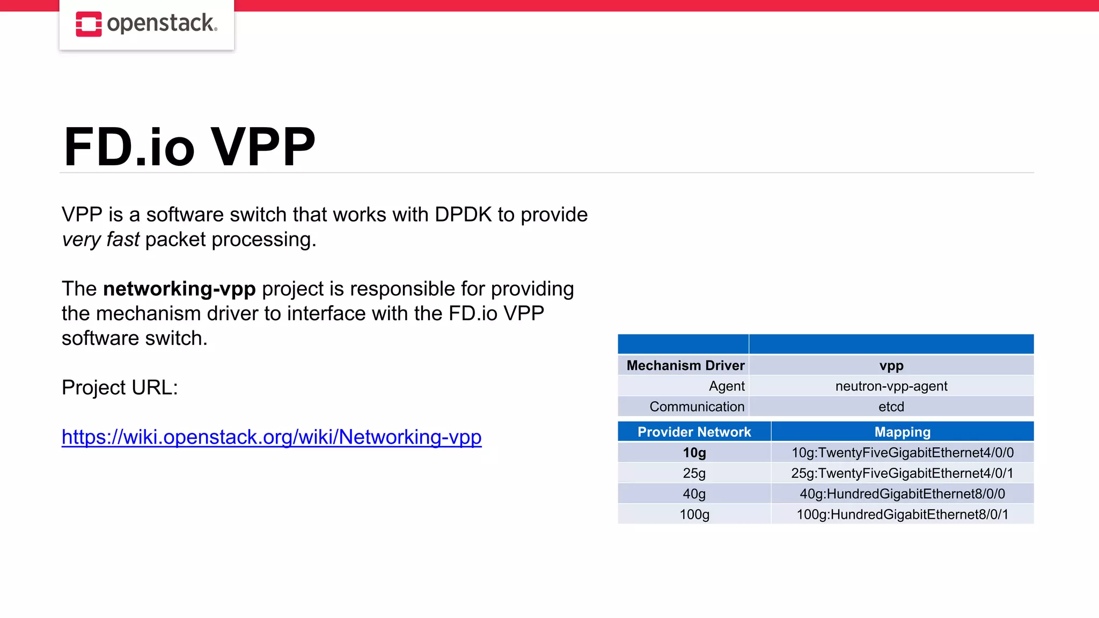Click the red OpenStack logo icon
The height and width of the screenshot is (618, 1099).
pos(89,24)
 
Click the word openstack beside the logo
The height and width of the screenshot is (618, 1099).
pos(162,24)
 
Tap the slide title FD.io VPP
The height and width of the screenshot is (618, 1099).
pos(189,146)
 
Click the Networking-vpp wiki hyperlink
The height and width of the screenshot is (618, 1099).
pos(272,437)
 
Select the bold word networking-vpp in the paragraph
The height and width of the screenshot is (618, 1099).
pos(179,289)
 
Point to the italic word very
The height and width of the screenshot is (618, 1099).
pos(82,239)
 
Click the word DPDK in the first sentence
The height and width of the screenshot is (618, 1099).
pos(463,215)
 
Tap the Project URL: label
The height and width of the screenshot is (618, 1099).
pos(120,387)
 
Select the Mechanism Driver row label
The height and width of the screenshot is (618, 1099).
pos(685,365)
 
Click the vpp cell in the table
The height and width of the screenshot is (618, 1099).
pos(891,365)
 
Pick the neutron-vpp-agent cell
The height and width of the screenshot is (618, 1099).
pos(891,386)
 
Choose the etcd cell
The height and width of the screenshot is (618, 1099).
pos(891,407)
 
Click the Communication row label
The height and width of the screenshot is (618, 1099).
pos(697,407)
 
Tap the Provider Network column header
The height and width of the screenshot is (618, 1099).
pos(694,432)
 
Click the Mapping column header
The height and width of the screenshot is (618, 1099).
pos(902,432)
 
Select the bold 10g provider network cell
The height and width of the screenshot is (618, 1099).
pos(694,453)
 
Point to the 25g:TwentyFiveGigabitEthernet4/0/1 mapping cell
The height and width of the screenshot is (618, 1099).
pos(902,473)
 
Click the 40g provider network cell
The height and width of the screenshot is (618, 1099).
pos(694,494)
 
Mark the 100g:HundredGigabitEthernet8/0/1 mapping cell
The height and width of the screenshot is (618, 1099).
pos(902,514)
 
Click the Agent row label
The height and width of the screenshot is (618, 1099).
pos(727,386)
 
